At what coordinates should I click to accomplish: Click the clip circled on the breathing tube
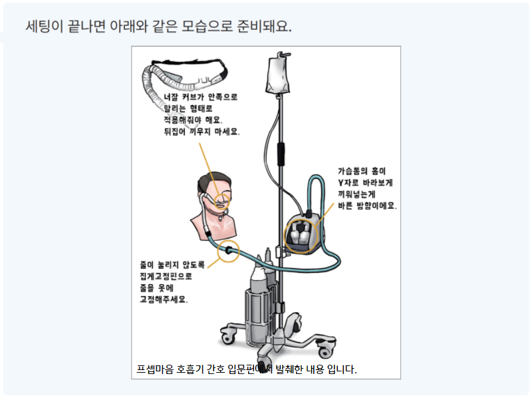click(x=228, y=250)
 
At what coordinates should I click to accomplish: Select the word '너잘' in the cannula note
click(x=172, y=97)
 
